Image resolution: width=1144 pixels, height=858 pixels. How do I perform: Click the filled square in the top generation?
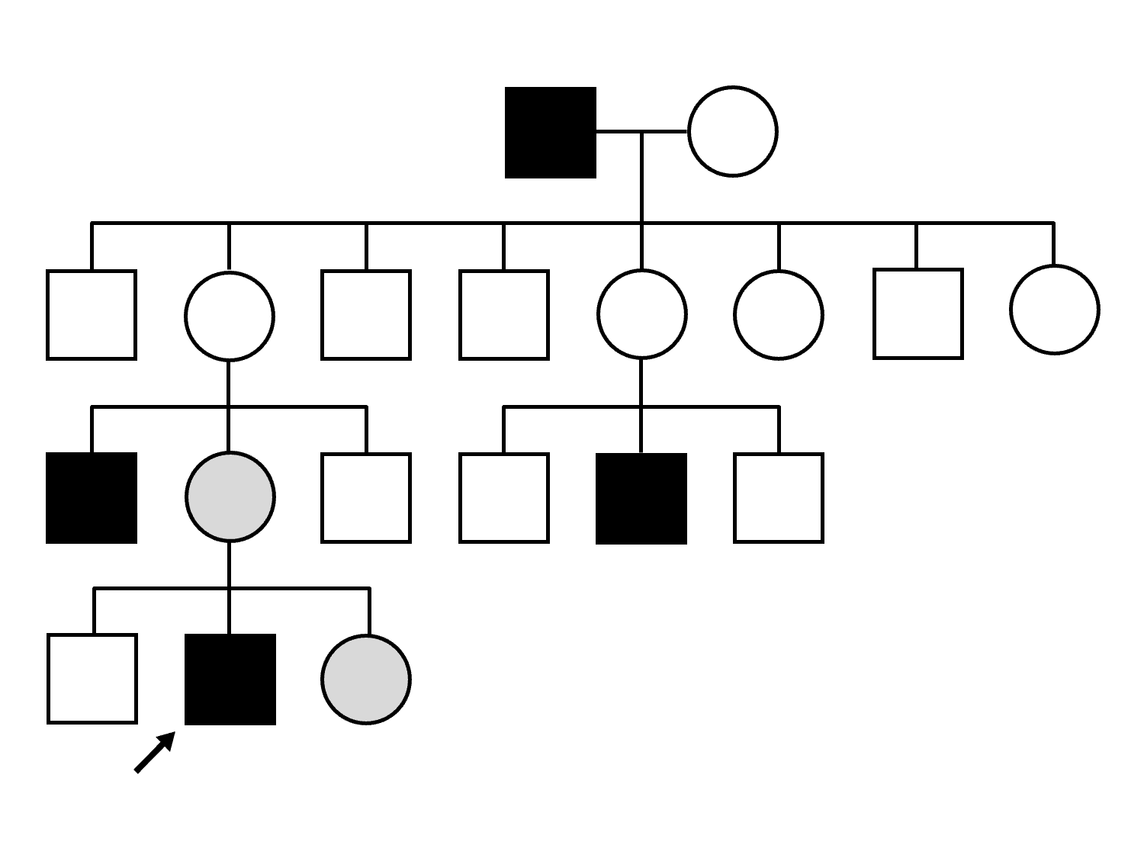[x=550, y=132]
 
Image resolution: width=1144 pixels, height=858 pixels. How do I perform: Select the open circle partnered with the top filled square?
[x=732, y=132]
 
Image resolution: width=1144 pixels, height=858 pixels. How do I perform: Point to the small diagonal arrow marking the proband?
[x=155, y=752]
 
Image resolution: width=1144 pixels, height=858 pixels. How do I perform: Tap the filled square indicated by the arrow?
[x=230, y=679]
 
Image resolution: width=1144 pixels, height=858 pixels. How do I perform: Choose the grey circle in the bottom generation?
[x=366, y=679]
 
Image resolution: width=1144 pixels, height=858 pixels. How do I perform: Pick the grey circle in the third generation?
[x=230, y=497]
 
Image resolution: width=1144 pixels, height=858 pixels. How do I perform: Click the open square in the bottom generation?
[x=92, y=679]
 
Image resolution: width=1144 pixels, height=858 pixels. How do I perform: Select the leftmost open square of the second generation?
[x=92, y=314]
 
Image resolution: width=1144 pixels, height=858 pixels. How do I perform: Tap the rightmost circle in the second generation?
[x=1054, y=310]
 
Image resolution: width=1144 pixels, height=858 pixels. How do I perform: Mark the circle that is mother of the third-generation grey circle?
[x=230, y=315]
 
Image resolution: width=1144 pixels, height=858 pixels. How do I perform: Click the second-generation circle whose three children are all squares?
[x=641, y=313]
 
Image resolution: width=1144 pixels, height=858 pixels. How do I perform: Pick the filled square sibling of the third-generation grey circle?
[x=92, y=497]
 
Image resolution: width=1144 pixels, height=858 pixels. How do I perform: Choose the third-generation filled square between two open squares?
[x=641, y=498]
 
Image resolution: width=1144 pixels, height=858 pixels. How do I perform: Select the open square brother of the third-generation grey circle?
[x=366, y=497]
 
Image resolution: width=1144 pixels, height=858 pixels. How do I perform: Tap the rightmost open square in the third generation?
[x=778, y=497]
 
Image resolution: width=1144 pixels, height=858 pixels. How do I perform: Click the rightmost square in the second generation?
[x=917, y=313]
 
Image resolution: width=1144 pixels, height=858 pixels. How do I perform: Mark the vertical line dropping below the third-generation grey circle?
[x=230, y=564]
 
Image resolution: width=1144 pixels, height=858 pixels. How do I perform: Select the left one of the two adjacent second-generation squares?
[x=366, y=314]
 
